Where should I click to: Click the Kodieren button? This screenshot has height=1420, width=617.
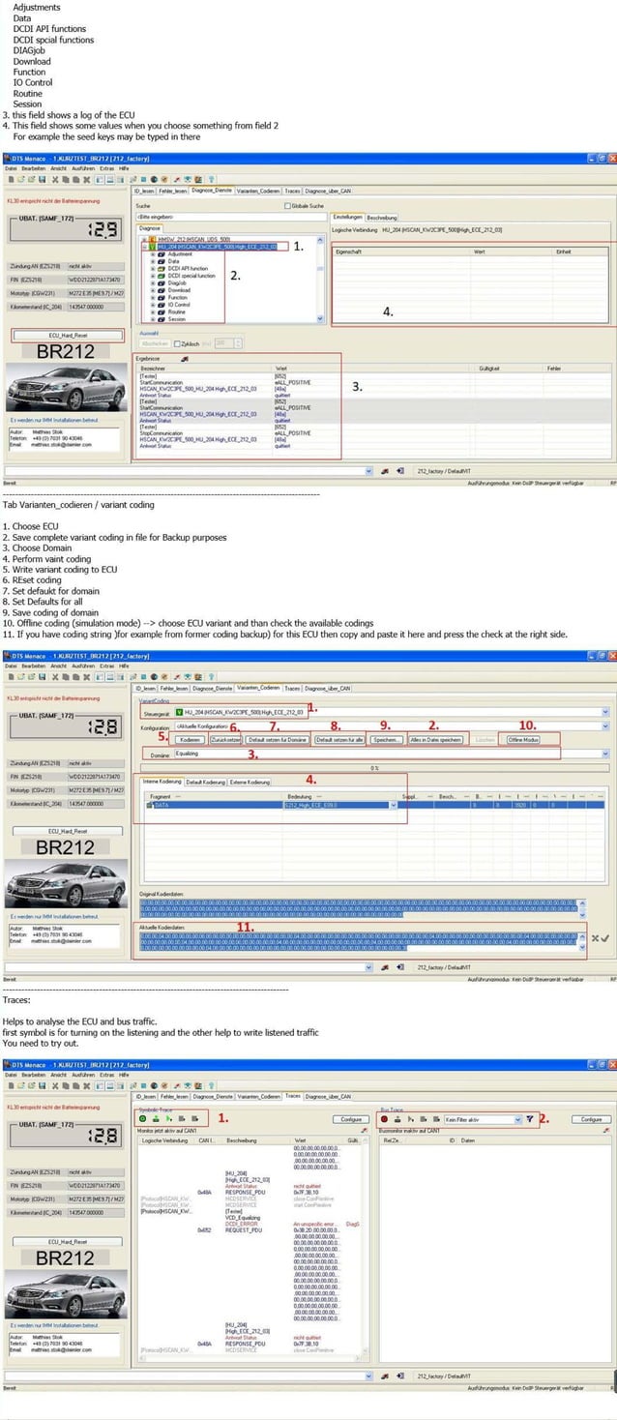pyautogui.click(x=191, y=739)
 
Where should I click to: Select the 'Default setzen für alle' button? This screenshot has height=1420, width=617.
pyautogui.click(x=338, y=739)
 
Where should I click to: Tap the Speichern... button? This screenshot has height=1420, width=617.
pyautogui.click(x=386, y=739)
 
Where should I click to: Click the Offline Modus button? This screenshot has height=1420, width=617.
pyautogui.click(x=523, y=739)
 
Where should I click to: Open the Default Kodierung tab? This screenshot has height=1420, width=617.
pyautogui.click(x=207, y=782)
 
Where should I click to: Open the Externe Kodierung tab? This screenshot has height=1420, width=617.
pyautogui.click(x=250, y=782)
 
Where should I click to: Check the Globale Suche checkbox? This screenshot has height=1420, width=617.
pyautogui.click(x=287, y=205)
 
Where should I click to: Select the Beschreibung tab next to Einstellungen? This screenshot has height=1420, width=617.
pyautogui.click(x=381, y=217)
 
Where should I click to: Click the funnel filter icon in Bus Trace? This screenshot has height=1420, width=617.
pyautogui.click(x=530, y=1119)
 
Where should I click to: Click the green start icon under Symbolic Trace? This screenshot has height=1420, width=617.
pyautogui.click(x=142, y=1118)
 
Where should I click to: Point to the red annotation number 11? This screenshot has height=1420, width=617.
pyautogui.click(x=246, y=926)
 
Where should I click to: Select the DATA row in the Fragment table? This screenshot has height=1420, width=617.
pyautogui.click(x=162, y=805)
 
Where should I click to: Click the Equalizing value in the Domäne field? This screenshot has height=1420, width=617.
pyautogui.click(x=188, y=753)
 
